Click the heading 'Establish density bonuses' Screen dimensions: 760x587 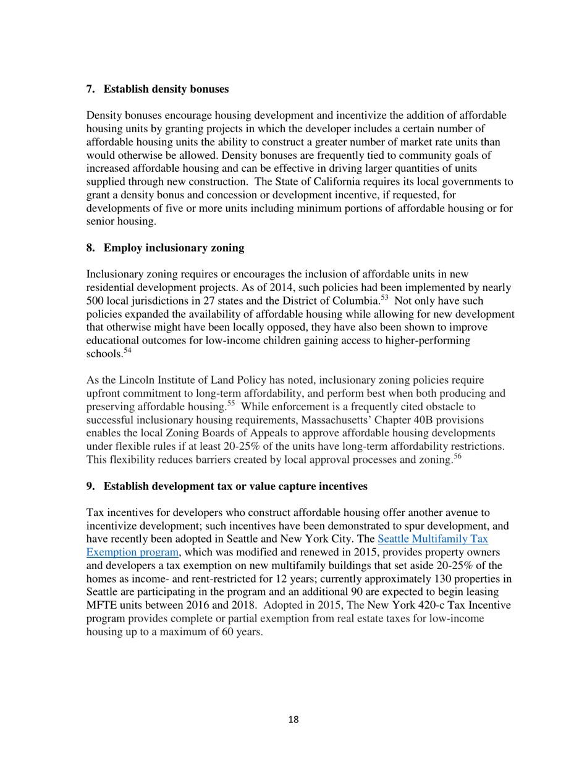(166, 89)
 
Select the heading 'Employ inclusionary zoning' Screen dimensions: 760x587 (174, 248)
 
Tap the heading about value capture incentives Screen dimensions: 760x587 (235, 486)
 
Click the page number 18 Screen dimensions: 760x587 (293, 719)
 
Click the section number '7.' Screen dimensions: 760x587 (91, 89)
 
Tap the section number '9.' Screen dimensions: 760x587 (91, 486)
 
